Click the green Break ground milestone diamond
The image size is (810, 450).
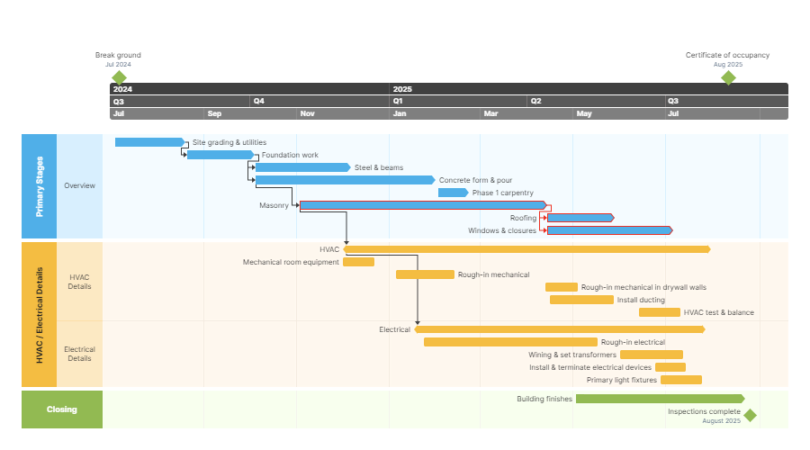[x=118, y=77]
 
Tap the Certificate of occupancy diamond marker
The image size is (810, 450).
[x=728, y=77]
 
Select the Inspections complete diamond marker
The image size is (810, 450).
[x=750, y=415]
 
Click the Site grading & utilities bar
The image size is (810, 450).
[x=149, y=142]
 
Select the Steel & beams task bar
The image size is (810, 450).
[x=302, y=167]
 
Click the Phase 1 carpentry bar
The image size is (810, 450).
[x=453, y=193]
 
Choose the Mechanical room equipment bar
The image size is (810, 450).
[x=358, y=262]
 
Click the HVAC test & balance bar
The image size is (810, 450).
[x=659, y=312]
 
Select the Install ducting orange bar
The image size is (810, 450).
[x=581, y=300]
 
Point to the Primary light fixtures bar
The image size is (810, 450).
[x=680, y=380]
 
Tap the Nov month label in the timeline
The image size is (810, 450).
[x=308, y=114]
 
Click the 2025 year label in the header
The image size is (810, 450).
[x=402, y=89]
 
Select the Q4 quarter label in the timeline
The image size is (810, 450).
[x=259, y=102]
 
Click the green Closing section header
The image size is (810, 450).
[x=62, y=409]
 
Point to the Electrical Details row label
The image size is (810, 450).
[x=79, y=354]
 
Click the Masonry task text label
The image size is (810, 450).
[x=274, y=205]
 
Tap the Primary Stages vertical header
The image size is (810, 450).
[x=39, y=186]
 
